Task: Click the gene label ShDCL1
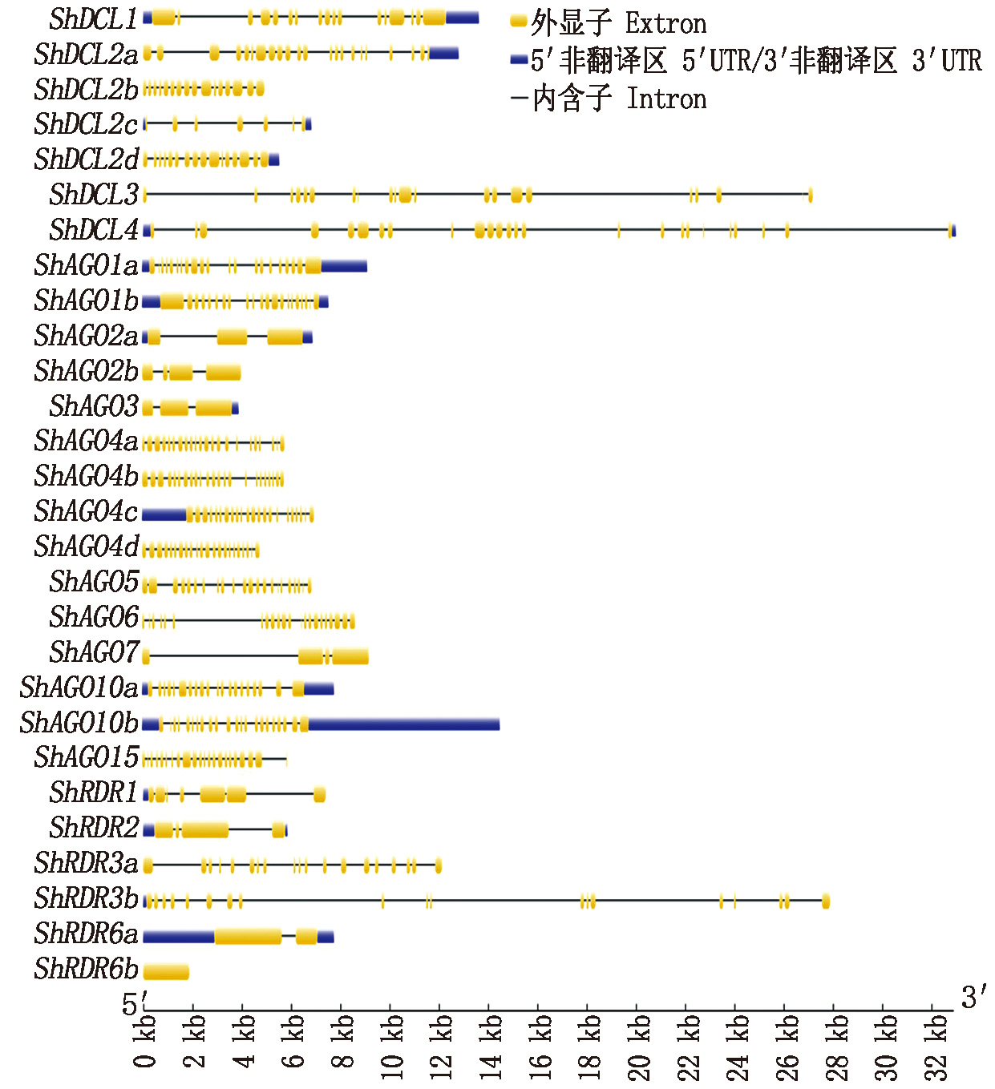93,19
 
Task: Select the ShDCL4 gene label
93,231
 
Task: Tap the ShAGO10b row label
79,724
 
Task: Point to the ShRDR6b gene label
86,970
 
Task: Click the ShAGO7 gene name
94,653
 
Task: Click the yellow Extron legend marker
519,22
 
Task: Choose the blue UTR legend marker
519,59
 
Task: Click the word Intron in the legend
666,99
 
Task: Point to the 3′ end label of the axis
973,998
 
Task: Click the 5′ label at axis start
132,1004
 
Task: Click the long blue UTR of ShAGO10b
403,724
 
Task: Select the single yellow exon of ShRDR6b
166,972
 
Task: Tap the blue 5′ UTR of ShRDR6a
178,936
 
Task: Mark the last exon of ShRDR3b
826,901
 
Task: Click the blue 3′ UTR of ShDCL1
462,18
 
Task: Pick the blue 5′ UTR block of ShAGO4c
164,514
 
